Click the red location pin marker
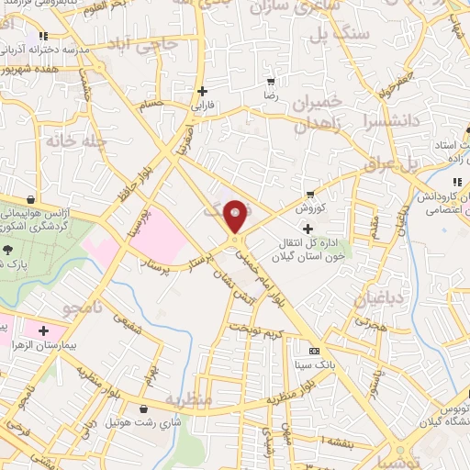[x=237, y=215]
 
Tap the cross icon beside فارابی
[x=202, y=91]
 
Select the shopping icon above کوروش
[x=309, y=194]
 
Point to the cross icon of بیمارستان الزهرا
[x=43, y=330]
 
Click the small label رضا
[x=270, y=95]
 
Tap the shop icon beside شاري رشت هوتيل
[x=143, y=409]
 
